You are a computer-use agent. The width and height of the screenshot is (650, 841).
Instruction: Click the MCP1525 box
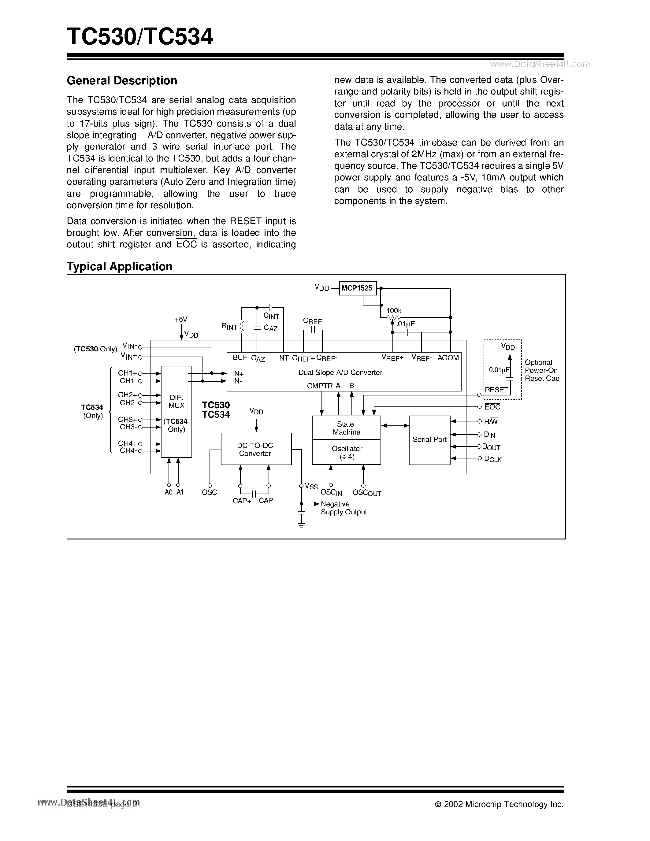(x=357, y=288)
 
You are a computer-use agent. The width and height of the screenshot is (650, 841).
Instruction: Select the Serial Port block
(x=429, y=440)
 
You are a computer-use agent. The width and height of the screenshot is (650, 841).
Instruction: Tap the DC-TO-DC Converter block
(x=256, y=449)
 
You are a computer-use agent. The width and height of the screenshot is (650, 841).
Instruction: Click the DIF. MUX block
(x=176, y=411)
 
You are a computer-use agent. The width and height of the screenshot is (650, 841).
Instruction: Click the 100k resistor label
(x=394, y=311)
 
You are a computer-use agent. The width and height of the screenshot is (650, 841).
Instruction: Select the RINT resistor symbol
(x=242, y=327)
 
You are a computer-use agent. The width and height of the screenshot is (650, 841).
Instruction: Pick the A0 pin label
(x=168, y=492)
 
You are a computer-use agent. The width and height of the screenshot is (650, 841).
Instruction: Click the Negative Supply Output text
(x=344, y=508)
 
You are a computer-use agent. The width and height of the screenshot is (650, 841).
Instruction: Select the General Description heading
(x=122, y=80)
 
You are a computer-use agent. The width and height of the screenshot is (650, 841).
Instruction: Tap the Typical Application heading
(x=119, y=266)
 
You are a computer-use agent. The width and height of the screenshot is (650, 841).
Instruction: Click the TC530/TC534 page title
(x=140, y=37)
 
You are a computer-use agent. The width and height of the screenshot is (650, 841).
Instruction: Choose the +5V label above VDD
(x=180, y=320)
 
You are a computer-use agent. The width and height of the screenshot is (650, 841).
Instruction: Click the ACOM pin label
(x=448, y=358)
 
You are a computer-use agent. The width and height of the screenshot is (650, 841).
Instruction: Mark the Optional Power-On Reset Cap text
(x=541, y=370)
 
